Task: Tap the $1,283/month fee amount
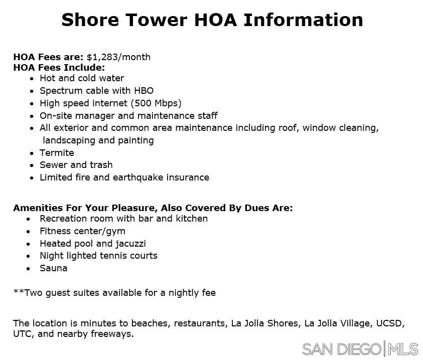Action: [118, 57]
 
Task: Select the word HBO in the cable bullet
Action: [144, 91]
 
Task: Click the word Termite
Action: [57, 153]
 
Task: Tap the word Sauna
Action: [53, 268]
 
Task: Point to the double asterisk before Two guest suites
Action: [19, 292]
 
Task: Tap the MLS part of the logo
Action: [403, 349]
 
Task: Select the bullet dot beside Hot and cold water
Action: [32, 79]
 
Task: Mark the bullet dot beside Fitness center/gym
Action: [32, 232]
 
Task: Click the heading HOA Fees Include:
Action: [59, 68]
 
